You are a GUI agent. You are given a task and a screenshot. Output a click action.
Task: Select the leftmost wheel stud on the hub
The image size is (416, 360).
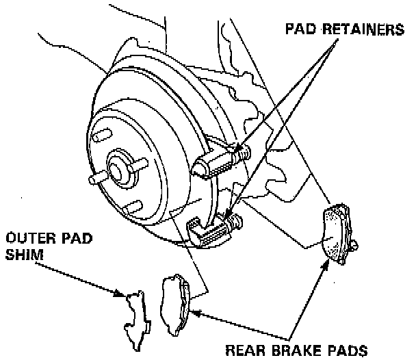coord(94,180)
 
